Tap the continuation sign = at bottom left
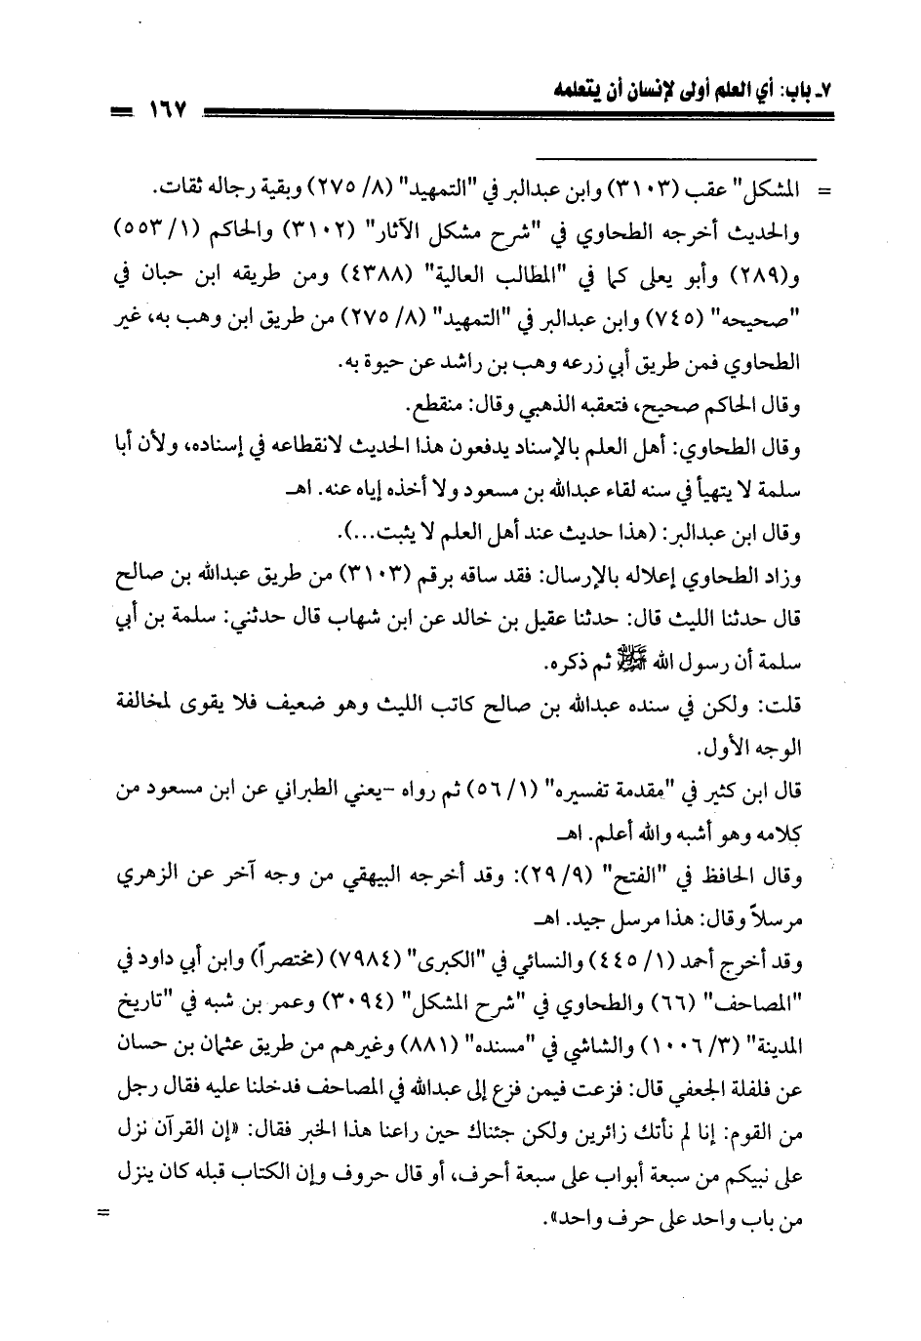pyautogui.click(x=101, y=1214)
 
